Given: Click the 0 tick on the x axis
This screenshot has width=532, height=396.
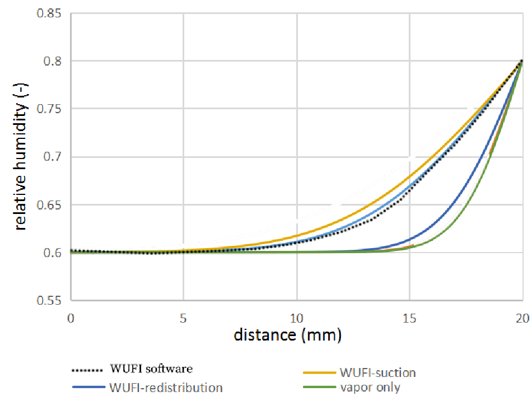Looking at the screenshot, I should pos(71,316).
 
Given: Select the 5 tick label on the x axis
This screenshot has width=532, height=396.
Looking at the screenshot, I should pos(184,316).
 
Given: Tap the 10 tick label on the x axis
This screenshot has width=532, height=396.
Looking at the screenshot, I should pos(297,316).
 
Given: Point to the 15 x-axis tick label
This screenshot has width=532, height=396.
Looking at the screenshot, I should pos(410,316).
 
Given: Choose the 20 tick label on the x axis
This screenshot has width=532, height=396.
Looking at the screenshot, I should pos(522,316).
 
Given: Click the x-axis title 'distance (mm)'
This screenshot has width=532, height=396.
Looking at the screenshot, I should pos(287,336).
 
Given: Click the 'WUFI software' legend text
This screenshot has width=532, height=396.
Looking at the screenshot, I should pos(151,369).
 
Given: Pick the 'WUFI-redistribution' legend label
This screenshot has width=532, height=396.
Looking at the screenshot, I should pos(166,387).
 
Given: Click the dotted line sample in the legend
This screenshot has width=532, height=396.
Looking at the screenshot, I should pos(88,370).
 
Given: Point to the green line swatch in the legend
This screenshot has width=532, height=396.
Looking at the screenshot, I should pos(320,387).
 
